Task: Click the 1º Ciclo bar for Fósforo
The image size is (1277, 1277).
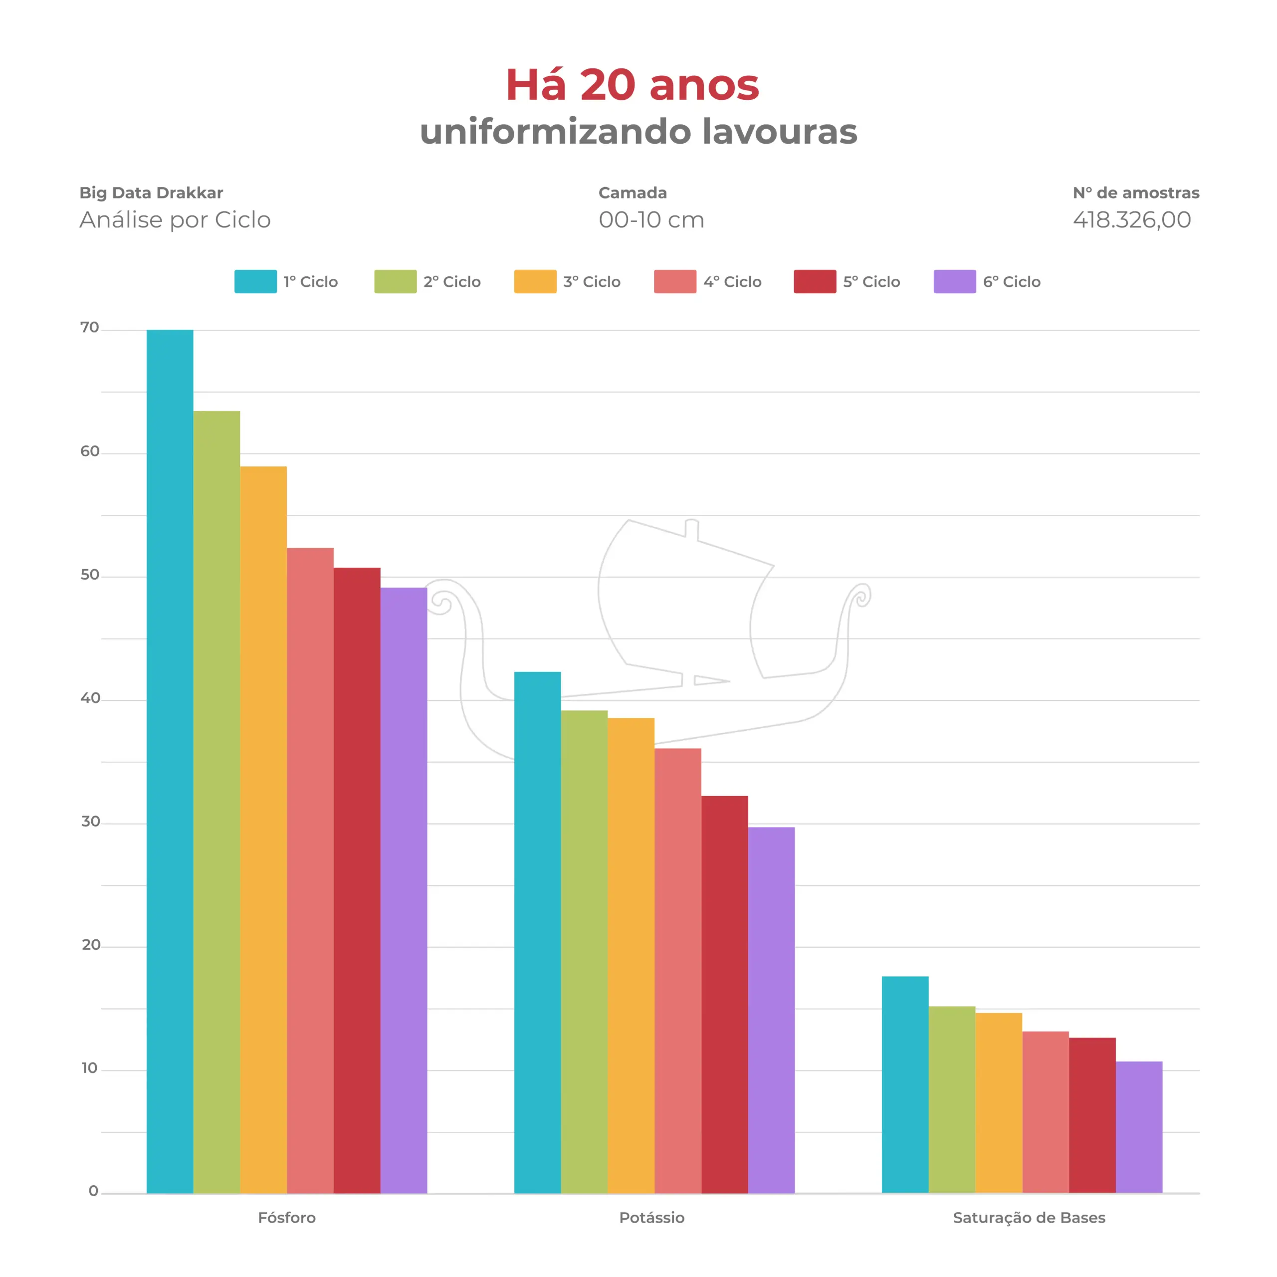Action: click(170, 760)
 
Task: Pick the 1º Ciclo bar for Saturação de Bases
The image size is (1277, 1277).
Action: click(905, 1084)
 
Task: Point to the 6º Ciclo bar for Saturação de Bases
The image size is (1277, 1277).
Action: click(1139, 1127)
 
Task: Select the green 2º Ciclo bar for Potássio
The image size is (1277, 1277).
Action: click(584, 951)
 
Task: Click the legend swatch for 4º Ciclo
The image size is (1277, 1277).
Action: click(675, 281)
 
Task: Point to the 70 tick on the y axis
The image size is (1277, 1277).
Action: click(90, 328)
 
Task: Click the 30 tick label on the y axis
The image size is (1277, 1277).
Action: click(91, 822)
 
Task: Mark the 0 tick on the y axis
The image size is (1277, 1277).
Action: click(93, 1191)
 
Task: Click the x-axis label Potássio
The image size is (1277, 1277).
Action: click(652, 1218)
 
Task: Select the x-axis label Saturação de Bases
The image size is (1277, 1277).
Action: click(1029, 1218)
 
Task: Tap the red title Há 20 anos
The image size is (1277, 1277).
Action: click(633, 85)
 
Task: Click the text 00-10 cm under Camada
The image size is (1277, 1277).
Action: click(651, 219)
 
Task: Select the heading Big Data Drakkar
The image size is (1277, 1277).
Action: click(151, 193)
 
